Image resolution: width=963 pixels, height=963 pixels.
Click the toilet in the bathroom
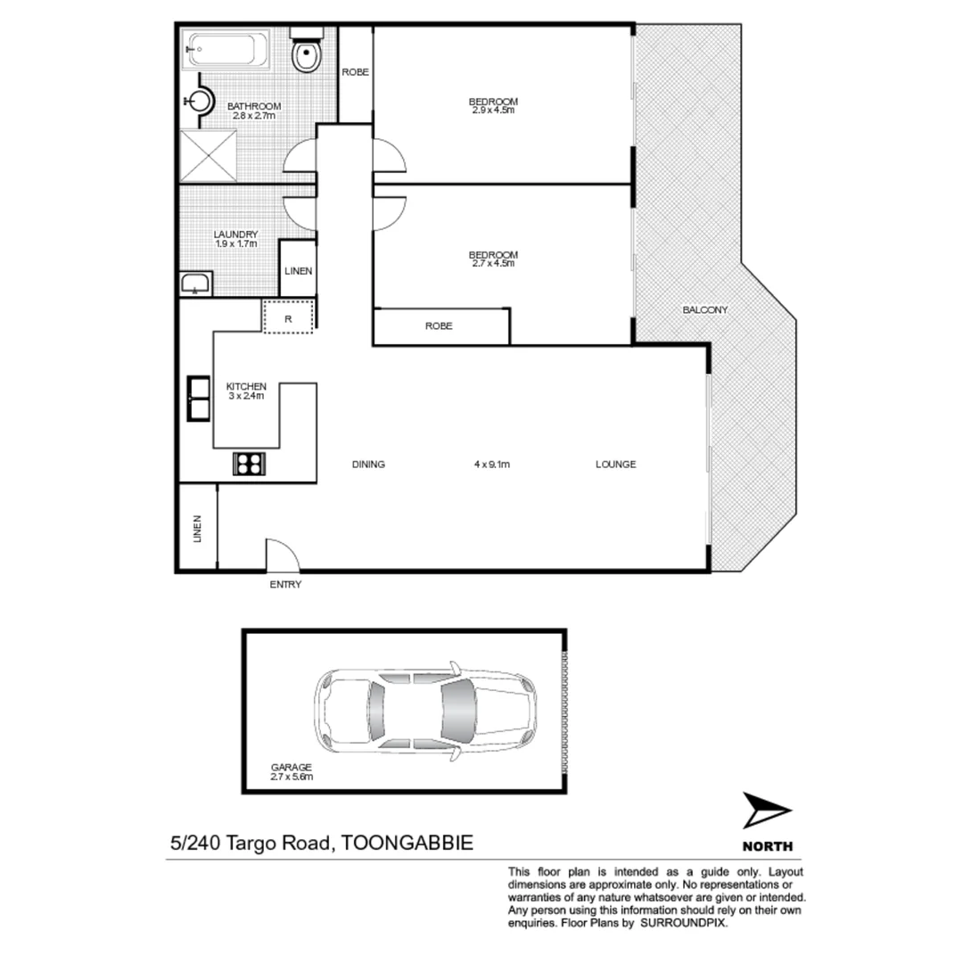306,53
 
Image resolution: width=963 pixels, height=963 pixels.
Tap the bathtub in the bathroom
226,50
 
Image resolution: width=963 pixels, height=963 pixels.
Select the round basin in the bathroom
200,100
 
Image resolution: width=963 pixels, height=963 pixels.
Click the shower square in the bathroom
208,156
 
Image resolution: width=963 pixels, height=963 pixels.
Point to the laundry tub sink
194,284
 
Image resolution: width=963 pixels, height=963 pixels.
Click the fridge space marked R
289,317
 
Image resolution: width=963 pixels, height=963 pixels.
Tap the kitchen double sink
198,398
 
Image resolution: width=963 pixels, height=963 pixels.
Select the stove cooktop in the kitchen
249,464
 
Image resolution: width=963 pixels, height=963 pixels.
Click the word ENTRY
285,585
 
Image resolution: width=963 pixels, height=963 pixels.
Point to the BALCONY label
705,310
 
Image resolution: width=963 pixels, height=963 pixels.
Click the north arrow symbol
765,812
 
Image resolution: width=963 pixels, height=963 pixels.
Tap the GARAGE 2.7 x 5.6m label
292,772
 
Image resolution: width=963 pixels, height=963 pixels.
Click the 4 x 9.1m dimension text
491,464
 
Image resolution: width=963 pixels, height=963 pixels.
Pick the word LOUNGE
615,464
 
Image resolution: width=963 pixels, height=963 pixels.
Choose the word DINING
368,464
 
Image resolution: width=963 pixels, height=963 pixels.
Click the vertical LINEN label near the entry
197,529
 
